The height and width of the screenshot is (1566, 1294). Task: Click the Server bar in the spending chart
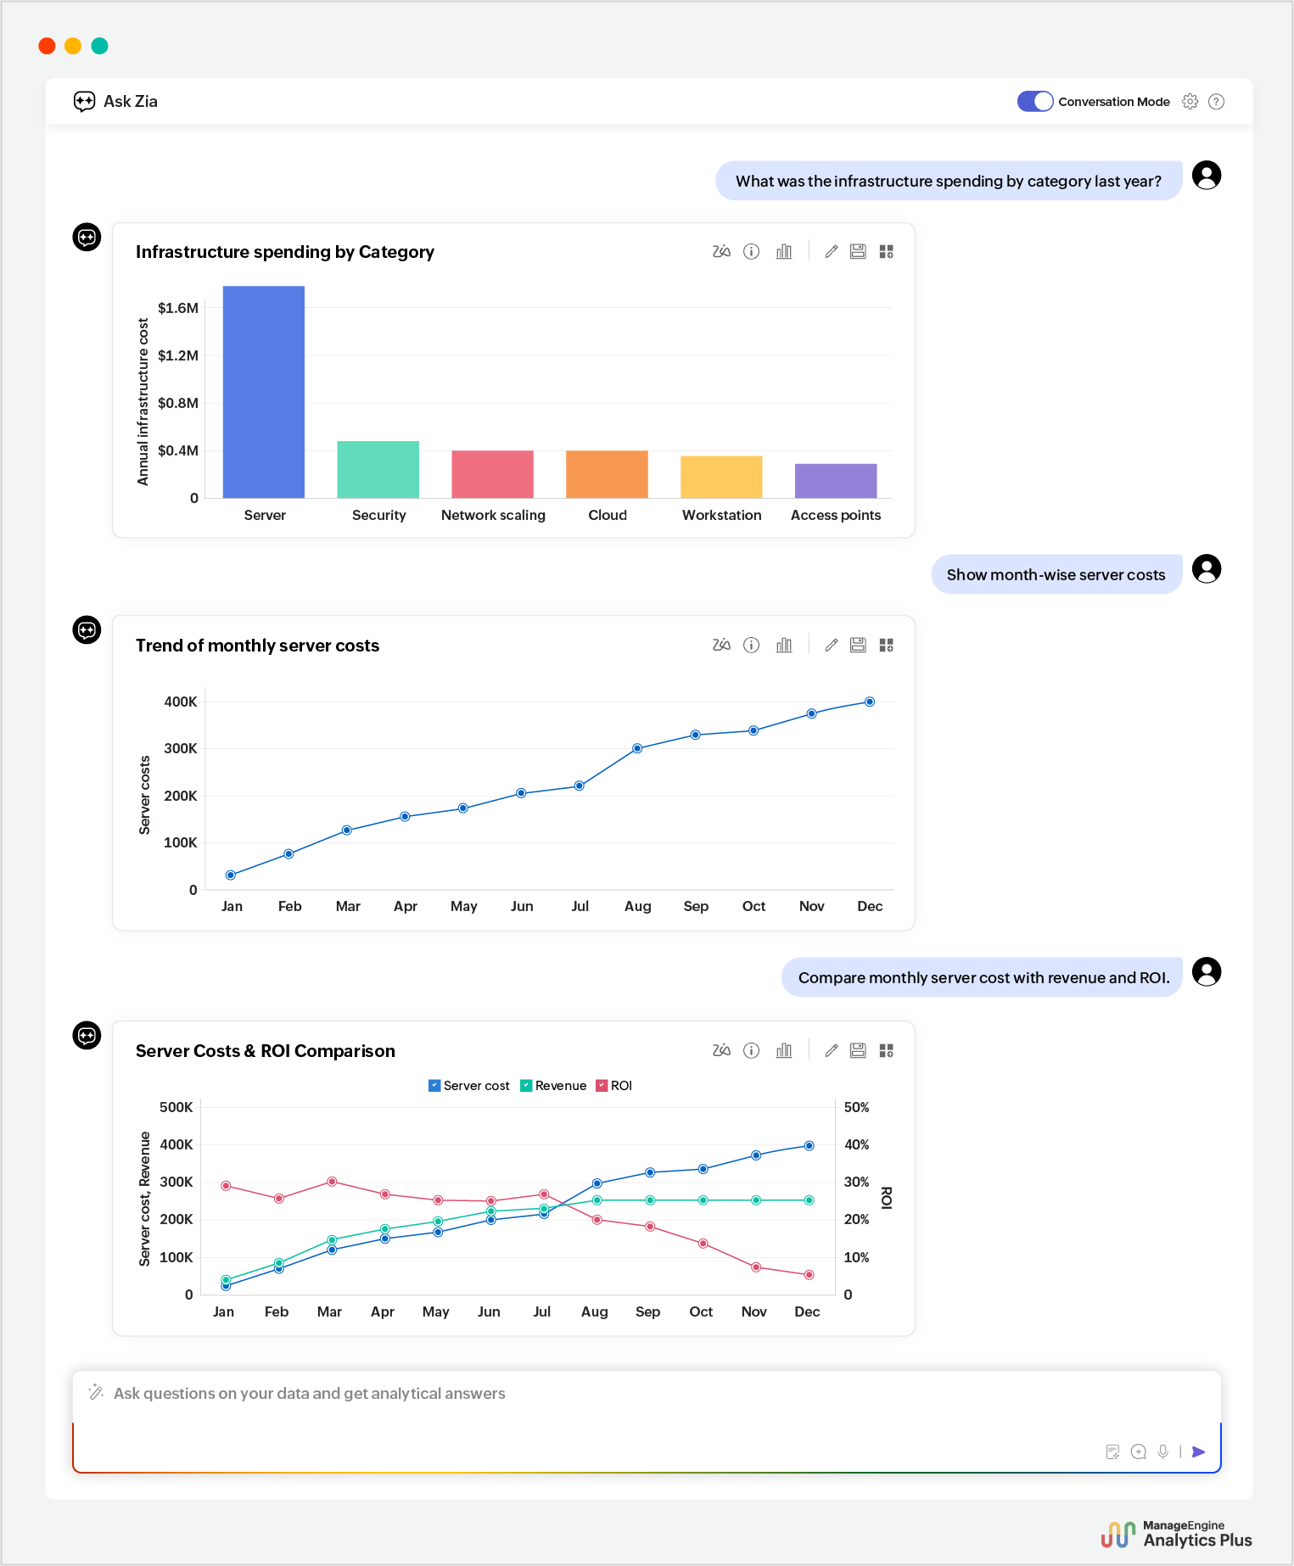[264, 392]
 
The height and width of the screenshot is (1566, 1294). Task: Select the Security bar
[378, 469]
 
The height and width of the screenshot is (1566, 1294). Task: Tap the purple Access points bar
[836, 481]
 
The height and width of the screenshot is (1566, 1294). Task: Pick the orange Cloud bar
[607, 474]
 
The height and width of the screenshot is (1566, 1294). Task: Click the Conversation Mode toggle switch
[1035, 102]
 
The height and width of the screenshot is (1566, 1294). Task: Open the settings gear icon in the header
[1190, 102]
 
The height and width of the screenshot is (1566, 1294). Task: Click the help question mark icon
[1216, 102]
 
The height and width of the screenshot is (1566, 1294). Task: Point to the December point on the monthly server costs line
[870, 702]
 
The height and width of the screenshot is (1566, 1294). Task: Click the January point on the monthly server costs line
[231, 875]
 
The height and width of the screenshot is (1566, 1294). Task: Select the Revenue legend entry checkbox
[526, 1086]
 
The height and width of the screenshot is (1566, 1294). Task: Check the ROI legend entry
[602, 1086]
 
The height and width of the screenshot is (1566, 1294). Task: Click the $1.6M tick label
[178, 308]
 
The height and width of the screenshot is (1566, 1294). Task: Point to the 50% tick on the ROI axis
[856, 1107]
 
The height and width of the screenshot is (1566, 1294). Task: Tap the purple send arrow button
[1198, 1451]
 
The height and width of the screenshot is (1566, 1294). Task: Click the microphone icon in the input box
[1163, 1451]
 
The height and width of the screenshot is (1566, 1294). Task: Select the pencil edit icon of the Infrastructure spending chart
[832, 251]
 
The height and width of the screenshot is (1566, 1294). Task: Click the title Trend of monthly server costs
[257, 646]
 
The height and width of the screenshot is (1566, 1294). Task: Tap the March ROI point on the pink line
[332, 1182]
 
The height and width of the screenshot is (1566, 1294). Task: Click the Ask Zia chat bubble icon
[84, 102]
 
